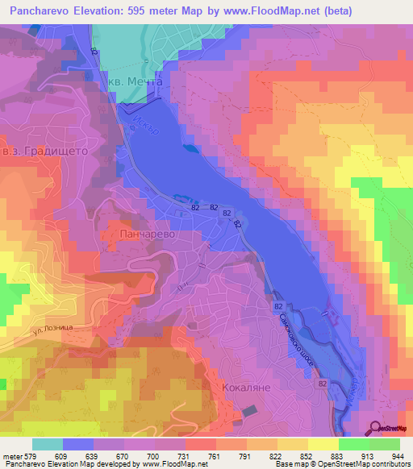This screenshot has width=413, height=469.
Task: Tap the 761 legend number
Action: [192, 455]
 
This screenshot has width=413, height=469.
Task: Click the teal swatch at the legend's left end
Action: [48, 444]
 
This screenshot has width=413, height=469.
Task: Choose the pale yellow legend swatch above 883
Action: [323, 444]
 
